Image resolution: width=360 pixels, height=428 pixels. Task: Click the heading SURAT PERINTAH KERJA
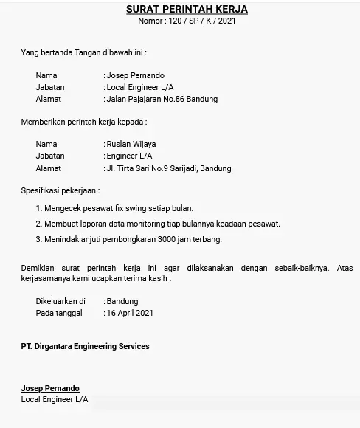[x=187, y=9]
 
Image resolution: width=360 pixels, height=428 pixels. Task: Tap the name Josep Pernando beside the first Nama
[x=136, y=75]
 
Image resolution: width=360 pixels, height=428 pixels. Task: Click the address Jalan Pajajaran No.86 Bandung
[x=162, y=99]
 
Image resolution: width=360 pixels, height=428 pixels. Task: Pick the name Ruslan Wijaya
[x=131, y=144]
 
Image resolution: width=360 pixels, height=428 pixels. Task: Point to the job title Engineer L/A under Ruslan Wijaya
[x=130, y=156]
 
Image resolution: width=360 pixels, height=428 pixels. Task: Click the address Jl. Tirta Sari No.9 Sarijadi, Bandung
[x=169, y=168]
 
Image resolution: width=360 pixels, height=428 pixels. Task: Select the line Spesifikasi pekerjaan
[x=60, y=190]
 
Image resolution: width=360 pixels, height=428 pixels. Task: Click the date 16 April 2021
[x=130, y=313]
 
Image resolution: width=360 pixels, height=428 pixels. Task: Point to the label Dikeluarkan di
[x=60, y=301]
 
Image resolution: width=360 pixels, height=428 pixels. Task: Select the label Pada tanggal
[x=59, y=313]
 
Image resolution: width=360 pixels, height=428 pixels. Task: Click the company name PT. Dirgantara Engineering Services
[x=85, y=346]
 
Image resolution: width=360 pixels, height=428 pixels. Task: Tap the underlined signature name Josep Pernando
[x=50, y=388]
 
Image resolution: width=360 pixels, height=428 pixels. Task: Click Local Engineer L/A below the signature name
[x=55, y=399]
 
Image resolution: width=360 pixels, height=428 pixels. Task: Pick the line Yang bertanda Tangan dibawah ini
[x=83, y=52]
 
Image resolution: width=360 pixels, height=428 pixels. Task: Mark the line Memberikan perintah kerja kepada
[x=83, y=121]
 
